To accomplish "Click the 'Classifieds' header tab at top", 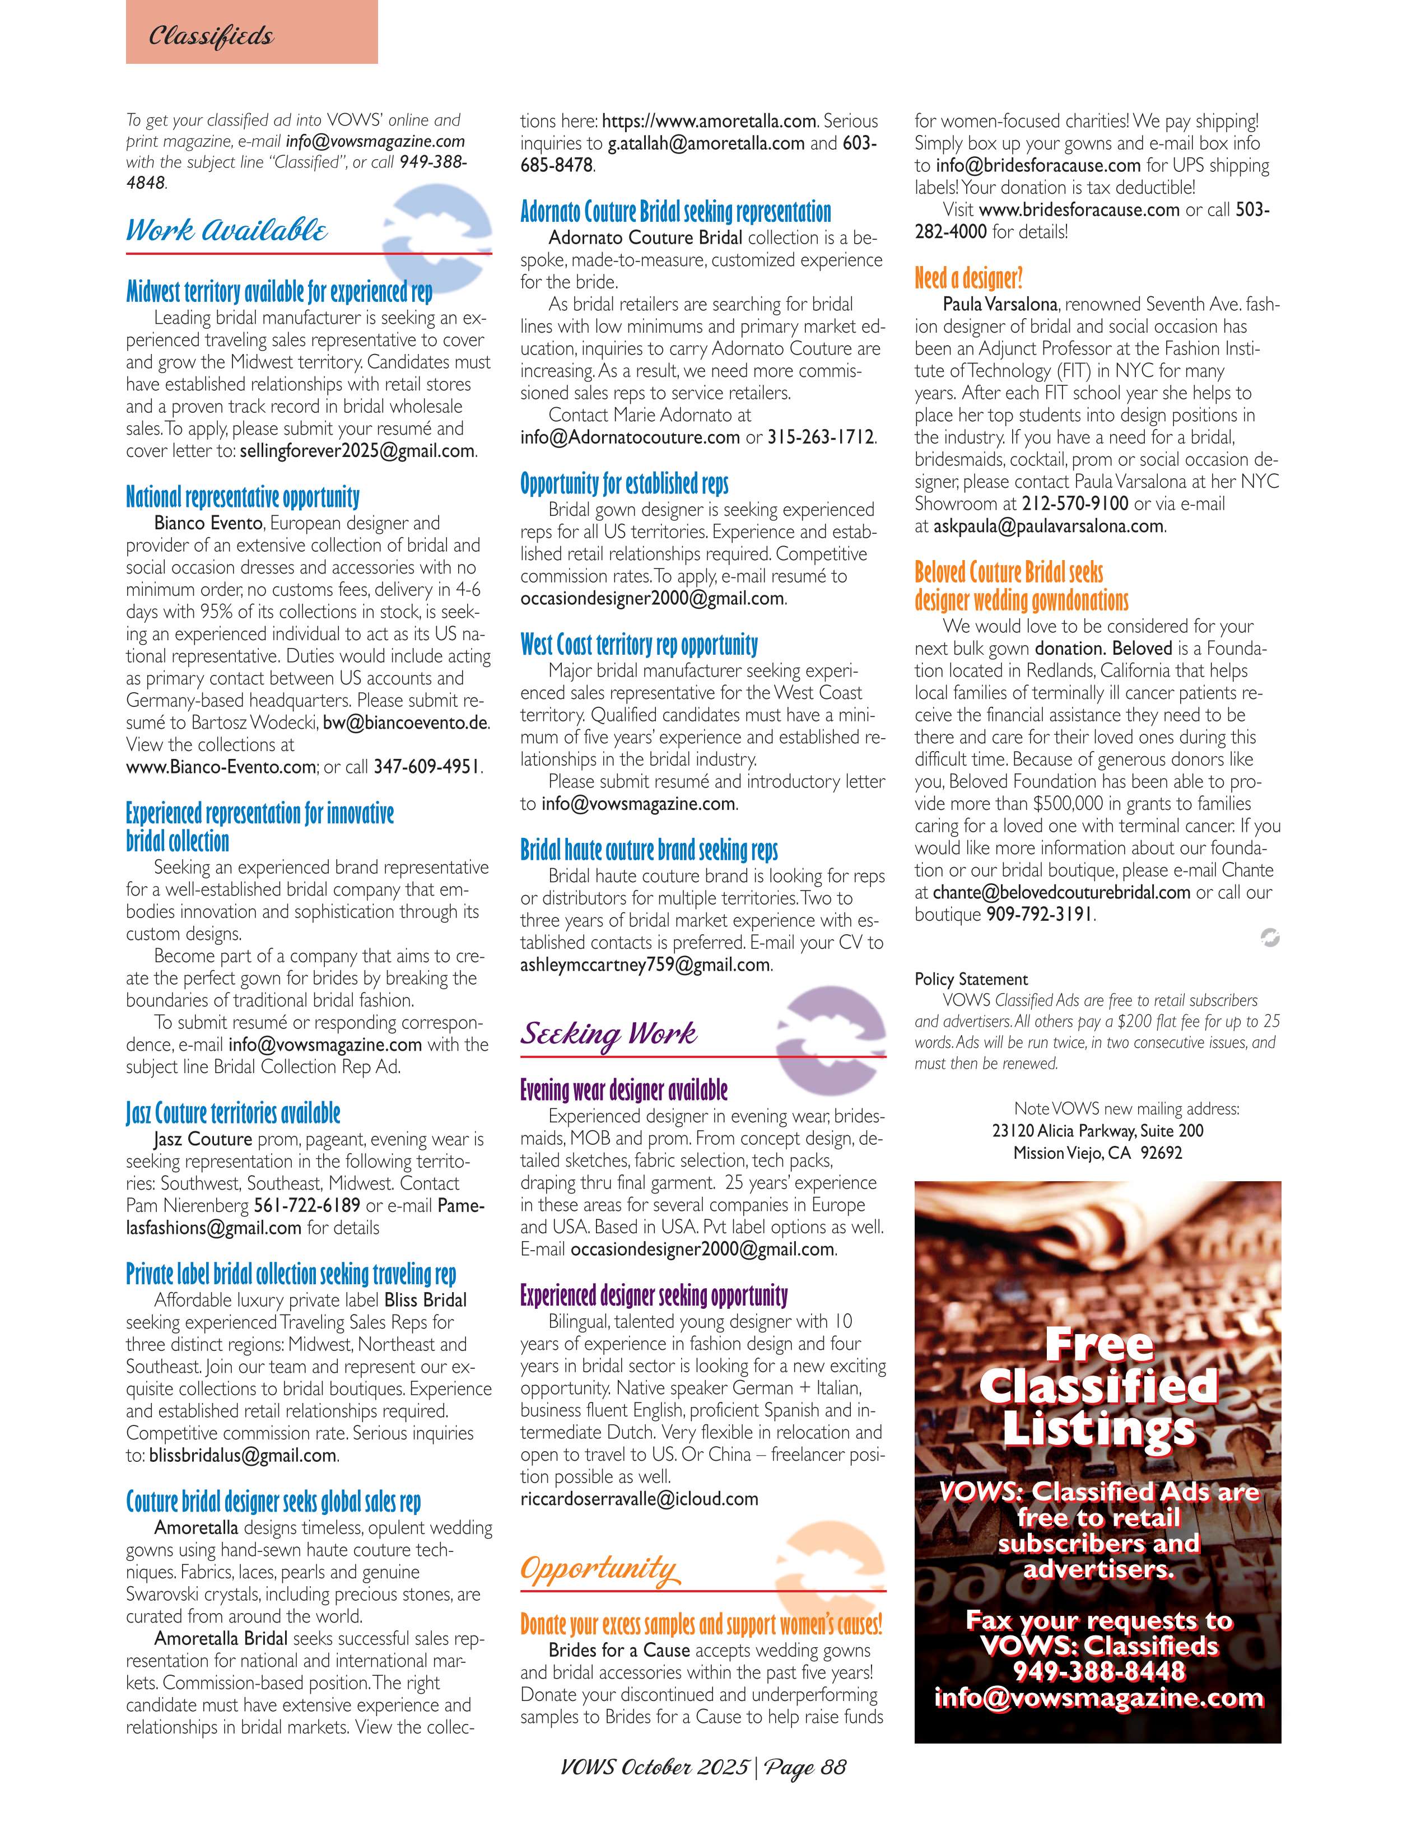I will tap(211, 36).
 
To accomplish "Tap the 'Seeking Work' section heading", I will tap(608, 1034).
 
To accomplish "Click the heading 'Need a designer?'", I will tap(968, 278).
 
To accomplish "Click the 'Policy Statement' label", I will tap(970, 980).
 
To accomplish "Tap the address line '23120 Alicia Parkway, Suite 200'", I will tap(1097, 1131).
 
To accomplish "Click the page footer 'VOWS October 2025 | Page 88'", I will tap(703, 1767).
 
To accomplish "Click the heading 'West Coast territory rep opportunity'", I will tap(639, 645).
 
